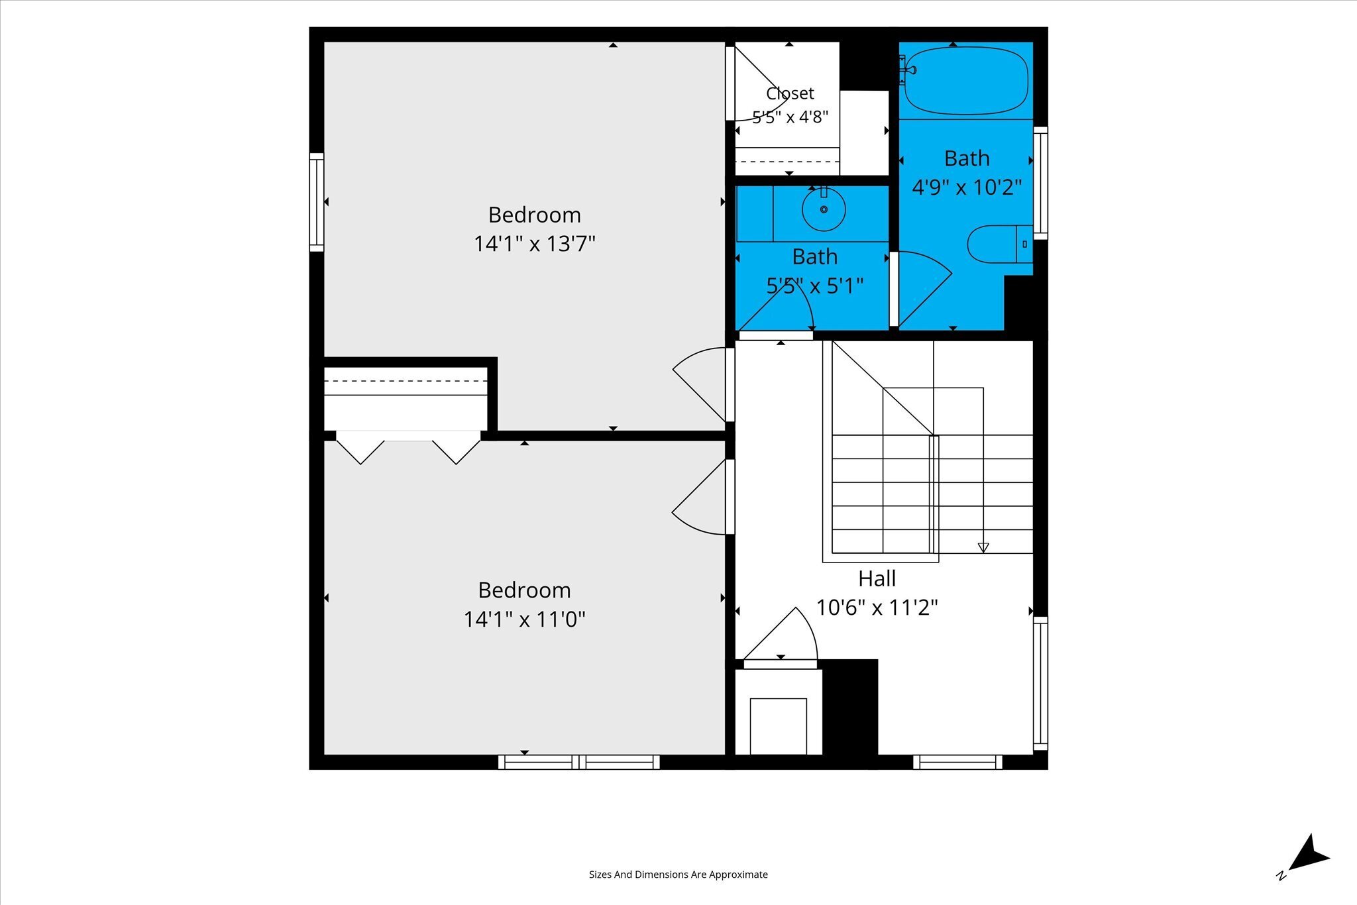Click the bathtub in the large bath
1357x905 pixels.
point(967,81)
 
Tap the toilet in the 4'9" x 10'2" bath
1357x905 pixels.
point(999,244)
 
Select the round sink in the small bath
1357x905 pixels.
point(824,209)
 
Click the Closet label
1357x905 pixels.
point(790,93)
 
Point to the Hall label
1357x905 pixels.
point(877,578)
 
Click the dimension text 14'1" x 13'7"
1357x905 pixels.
point(534,244)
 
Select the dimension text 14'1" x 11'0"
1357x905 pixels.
point(524,619)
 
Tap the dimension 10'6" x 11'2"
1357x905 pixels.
point(877,608)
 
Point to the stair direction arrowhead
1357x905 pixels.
point(983,548)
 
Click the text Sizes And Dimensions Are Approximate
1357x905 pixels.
point(678,875)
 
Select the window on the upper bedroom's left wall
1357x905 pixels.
point(317,202)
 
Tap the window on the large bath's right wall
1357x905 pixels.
point(1040,183)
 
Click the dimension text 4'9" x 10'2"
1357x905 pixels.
point(967,187)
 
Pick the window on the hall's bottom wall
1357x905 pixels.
point(957,762)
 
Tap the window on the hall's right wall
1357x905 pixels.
point(1040,683)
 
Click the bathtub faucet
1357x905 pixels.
point(907,69)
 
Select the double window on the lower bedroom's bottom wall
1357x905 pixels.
point(578,762)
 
